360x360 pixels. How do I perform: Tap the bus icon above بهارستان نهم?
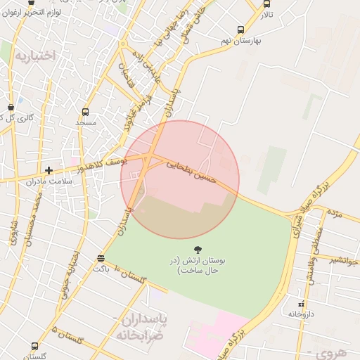click(x=241, y=30)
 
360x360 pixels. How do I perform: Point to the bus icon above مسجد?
click(x=85, y=111)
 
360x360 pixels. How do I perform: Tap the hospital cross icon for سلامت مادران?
click(x=49, y=170)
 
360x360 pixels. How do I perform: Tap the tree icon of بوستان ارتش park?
click(x=197, y=249)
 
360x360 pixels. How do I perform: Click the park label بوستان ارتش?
click(x=198, y=264)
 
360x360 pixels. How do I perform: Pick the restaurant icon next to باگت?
click(x=101, y=258)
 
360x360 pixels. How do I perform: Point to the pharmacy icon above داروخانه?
click(x=301, y=304)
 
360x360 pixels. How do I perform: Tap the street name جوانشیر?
click(x=344, y=259)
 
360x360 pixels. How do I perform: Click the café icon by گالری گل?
click(x=11, y=106)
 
